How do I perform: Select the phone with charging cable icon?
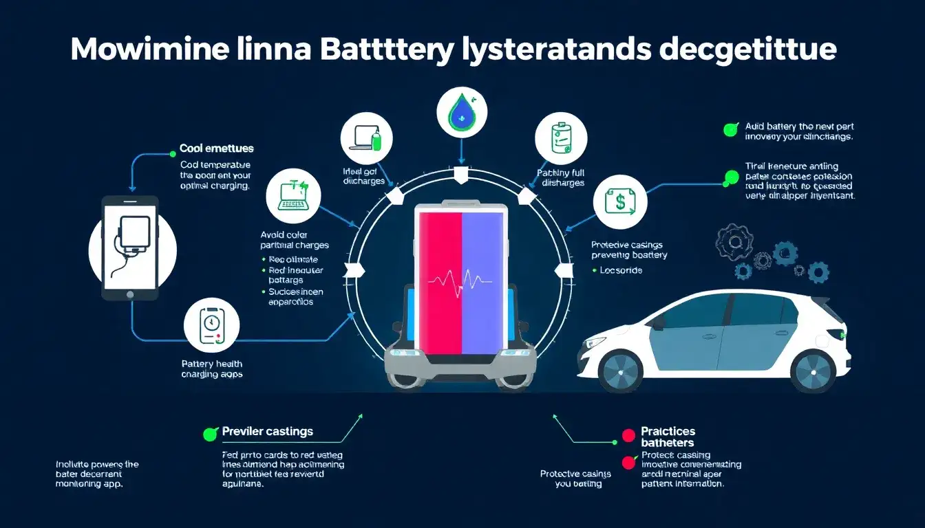(131, 247)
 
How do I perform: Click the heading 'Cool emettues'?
(216, 148)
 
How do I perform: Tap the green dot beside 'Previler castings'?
(211, 434)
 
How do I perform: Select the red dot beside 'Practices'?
(628, 434)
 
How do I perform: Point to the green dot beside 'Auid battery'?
(730, 129)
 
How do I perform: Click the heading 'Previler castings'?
(267, 432)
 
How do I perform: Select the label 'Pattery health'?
(212, 364)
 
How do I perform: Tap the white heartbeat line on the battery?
(460, 280)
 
